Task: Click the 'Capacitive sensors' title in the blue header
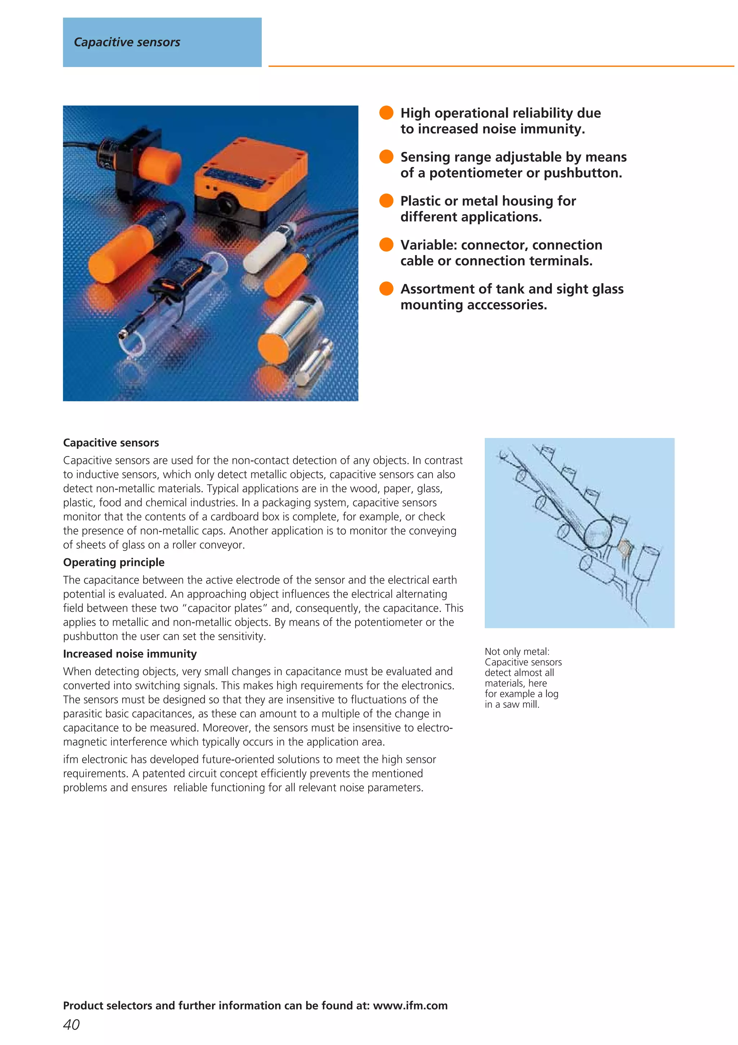click(127, 42)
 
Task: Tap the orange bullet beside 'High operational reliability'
click(386, 113)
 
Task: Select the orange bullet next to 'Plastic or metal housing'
click(386, 200)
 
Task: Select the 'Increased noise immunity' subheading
click(130, 654)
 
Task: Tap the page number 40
click(71, 1024)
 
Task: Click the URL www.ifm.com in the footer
click(410, 1005)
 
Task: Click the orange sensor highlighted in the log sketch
click(624, 548)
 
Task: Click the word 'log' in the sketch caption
click(552, 694)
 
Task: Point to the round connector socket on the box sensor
click(226, 202)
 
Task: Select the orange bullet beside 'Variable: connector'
click(386, 245)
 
